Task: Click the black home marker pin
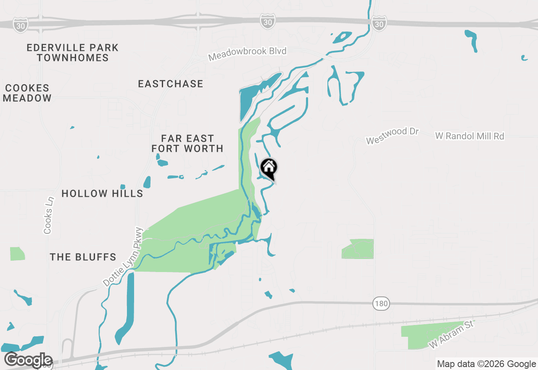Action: pyautogui.click(x=269, y=168)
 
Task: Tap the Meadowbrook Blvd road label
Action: pyautogui.click(x=248, y=53)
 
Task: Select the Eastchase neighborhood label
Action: pyautogui.click(x=171, y=84)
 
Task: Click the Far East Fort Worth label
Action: pyautogui.click(x=187, y=143)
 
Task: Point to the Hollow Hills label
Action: pyautogui.click(x=102, y=193)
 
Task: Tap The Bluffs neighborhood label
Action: pyautogui.click(x=83, y=257)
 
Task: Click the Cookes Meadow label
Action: pyautogui.click(x=28, y=93)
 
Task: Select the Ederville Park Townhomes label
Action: pyautogui.click(x=73, y=53)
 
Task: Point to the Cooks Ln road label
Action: pyautogui.click(x=49, y=215)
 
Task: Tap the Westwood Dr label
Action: pyautogui.click(x=393, y=136)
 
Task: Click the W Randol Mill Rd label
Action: pyautogui.click(x=469, y=136)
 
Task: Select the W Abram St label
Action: pyautogui.click(x=451, y=335)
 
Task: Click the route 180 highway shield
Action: pyautogui.click(x=381, y=304)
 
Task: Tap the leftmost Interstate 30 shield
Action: pyautogui.click(x=20, y=25)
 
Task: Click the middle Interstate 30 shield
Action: pyautogui.click(x=268, y=22)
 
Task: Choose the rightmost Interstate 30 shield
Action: pyautogui.click(x=379, y=24)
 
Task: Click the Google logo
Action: pyautogui.click(x=28, y=360)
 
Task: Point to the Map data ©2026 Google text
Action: pyautogui.click(x=486, y=364)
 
